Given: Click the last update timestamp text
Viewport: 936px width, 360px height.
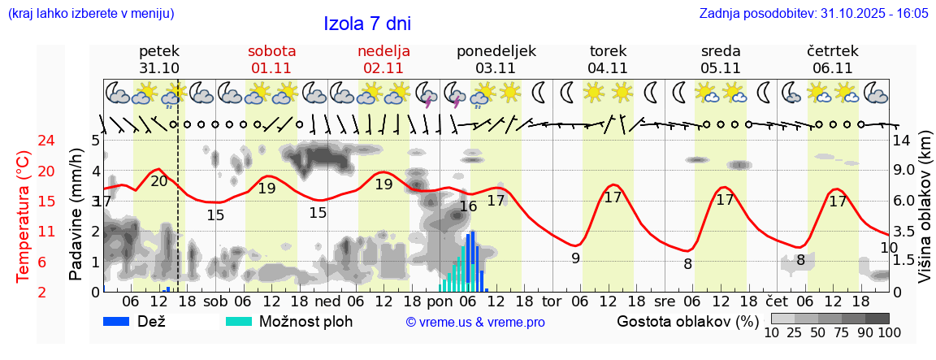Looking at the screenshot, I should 813,14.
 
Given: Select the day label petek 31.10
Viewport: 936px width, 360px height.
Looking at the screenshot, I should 159,59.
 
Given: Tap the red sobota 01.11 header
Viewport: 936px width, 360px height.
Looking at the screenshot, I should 271,59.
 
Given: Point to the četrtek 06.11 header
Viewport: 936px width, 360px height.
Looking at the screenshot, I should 832,59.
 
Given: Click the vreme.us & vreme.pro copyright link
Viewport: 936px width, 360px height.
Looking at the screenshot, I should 475,323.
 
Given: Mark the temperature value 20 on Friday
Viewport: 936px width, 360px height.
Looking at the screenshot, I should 159,181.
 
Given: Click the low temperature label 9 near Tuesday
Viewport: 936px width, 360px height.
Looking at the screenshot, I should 575,259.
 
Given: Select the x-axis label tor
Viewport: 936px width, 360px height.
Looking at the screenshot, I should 552,301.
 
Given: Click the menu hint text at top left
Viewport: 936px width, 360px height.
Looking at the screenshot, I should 90,14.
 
